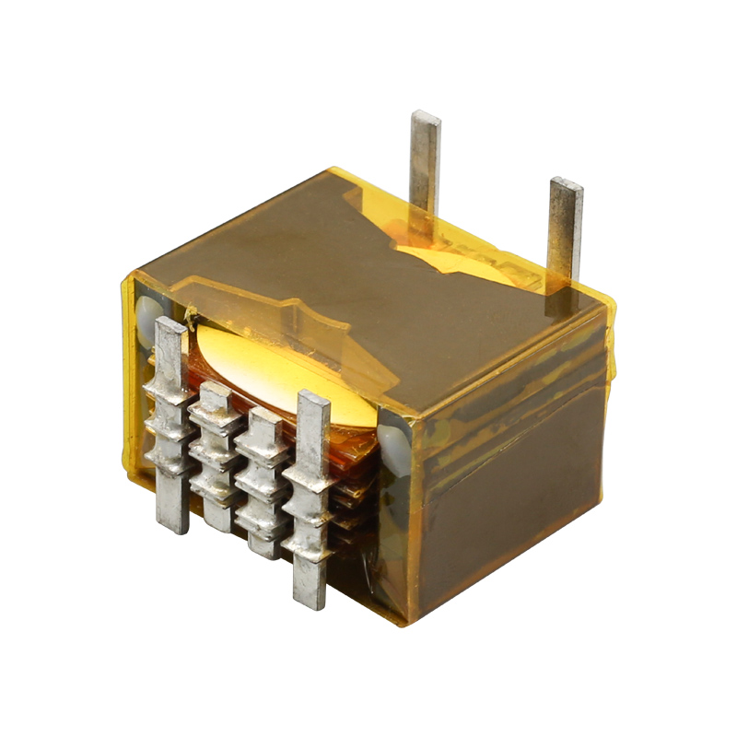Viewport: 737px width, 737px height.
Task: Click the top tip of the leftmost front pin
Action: [170, 322]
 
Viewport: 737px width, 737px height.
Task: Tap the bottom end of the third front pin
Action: [264, 553]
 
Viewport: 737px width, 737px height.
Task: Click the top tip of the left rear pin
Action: [426, 115]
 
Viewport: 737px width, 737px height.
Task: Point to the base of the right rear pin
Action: [561, 286]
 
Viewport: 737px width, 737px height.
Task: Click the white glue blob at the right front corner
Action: [393, 438]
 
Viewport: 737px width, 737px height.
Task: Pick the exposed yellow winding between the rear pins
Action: [461, 258]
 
